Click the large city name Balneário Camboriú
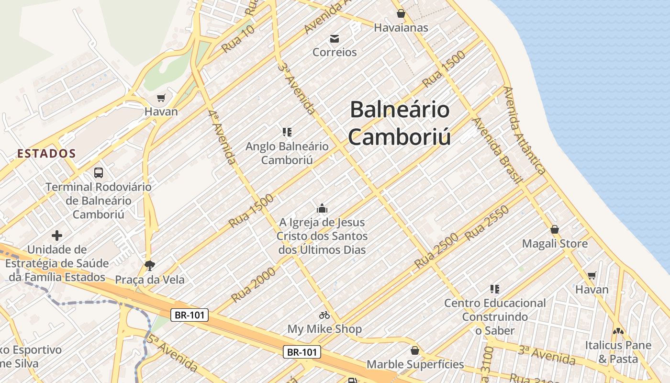click(400, 123)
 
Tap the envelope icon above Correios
click(335, 38)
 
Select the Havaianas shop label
click(401, 28)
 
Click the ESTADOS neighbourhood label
click(46, 154)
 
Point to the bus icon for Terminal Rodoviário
click(99, 173)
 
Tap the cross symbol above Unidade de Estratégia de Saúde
click(57, 235)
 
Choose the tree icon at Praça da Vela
click(150, 265)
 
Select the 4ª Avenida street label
click(223, 137)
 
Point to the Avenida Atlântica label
click(525, 130)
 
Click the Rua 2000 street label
click(253, 285)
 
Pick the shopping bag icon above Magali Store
click(555, 229)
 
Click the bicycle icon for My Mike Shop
click(324, 315)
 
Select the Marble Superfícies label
click(415, 364)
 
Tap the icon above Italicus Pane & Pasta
click(618, 331)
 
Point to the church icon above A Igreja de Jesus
click(322, 208)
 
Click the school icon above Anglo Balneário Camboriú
click(287, 132)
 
